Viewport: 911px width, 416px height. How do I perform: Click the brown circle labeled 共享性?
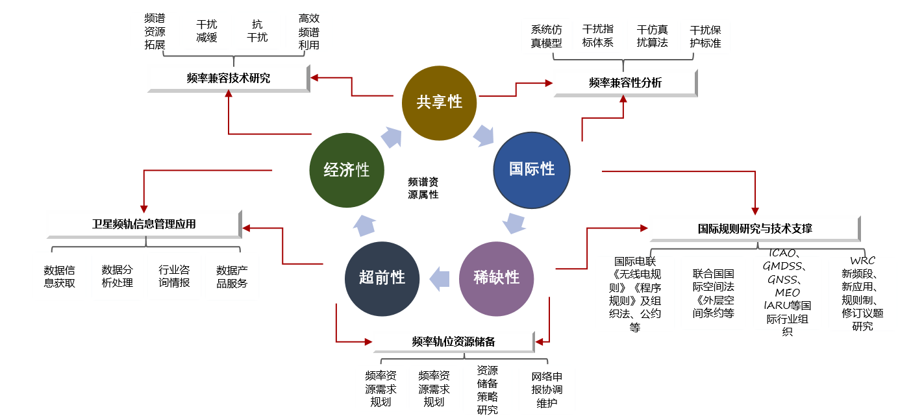pyautogui.click(x=440, y=102)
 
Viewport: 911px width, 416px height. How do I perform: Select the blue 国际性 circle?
pyautogui.click(x=532, y=169)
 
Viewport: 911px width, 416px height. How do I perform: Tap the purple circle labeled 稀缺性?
pyautogui.click(x=497, y=278)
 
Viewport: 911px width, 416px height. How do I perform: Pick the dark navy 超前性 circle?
pyautogui.click(x=382, y=278)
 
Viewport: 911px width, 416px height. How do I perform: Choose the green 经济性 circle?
pyautogui.click(x=347, y=170)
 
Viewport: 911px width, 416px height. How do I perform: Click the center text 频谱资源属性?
pyautogui.click(x=423, y=188)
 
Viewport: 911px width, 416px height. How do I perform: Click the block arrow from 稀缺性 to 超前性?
pyautogui.click(x=440, y=278)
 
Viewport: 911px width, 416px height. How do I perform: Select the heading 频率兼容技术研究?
pyautogui.click(x=228, y=79)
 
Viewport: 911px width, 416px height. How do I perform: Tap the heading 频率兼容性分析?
pyautogui.click(x=625, y=83)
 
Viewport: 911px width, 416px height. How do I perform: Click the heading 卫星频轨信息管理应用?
pyautogui.click(x=144, y=224)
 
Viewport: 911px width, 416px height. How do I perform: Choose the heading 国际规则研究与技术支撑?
pyautogui.click(x=755, y=228)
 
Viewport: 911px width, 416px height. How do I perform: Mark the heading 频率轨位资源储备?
pyautogui.click(x=453, y=341)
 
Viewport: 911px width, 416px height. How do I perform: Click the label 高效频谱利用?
pyautogui.click(x=308, y=32)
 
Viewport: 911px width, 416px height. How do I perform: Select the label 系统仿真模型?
pyautogui.click(x=546, y=37)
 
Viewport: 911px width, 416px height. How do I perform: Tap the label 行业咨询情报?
pyautogui.click(x=174, y=276)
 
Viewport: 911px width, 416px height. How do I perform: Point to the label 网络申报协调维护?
pyautogui.click(x=547, y=390)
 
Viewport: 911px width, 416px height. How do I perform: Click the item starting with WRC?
pyautogui.click(x=862, y=293)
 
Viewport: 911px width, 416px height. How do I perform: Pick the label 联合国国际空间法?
pyautogui.click(x=713, y=293)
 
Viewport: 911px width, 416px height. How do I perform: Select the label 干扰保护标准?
pyautogui.click(x=705, y=37)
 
